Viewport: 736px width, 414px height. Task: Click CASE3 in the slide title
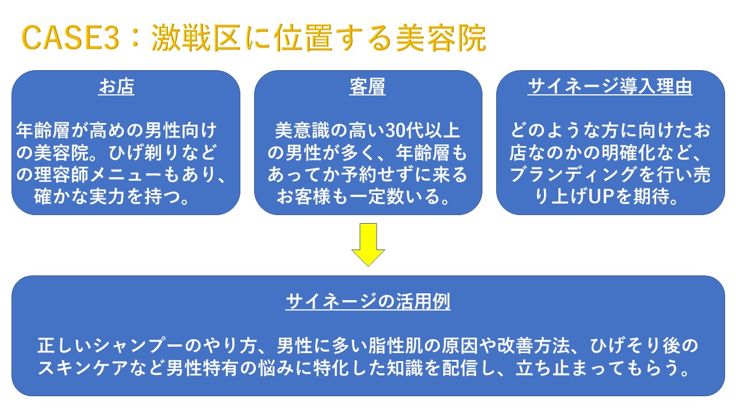(x=70, y=38)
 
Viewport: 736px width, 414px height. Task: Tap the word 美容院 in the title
(x=440, y=38)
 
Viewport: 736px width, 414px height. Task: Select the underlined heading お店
(x=116, y=86)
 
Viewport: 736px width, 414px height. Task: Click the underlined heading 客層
(x=367, y=86)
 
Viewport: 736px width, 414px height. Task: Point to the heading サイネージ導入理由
(x=610, y=86)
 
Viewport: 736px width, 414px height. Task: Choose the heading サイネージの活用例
(x=367, y=301)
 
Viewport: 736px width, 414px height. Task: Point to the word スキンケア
(x=83, y=367)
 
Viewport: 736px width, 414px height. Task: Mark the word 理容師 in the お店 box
(x=62, y=174)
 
